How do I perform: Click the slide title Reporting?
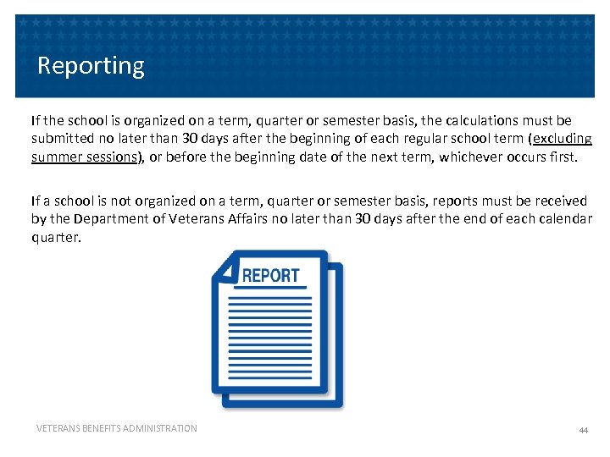tap(91, 65)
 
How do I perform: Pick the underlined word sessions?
tap(113, 157)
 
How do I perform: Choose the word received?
tap(560, 201)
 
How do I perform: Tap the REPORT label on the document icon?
tap(270, 276)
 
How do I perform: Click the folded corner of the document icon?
tap(225, 269)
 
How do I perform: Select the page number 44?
tap(583, 431)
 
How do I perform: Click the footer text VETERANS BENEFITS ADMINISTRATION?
tap(116, 429)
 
